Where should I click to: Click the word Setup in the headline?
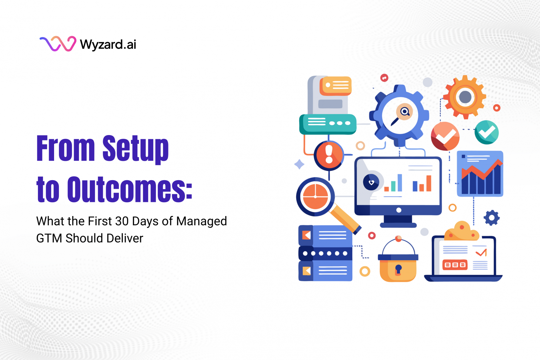[135, 148]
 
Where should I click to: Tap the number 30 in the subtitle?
[122, 221]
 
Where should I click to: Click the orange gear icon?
[465, 97]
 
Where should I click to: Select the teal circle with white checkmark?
[487, 132]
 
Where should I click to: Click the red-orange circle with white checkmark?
[445, 136]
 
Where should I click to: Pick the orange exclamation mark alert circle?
[329, 155]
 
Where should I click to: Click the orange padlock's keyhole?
[398, 269]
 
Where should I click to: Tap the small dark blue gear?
[491, 218]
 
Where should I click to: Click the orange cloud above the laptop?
[461, 232]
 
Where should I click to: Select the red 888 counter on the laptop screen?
[455, 265]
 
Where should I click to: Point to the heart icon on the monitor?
[371, 182]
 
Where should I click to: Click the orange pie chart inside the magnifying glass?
[315, 196]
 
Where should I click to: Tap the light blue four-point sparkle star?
[299, 164]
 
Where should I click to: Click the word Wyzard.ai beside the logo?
[108, 44]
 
